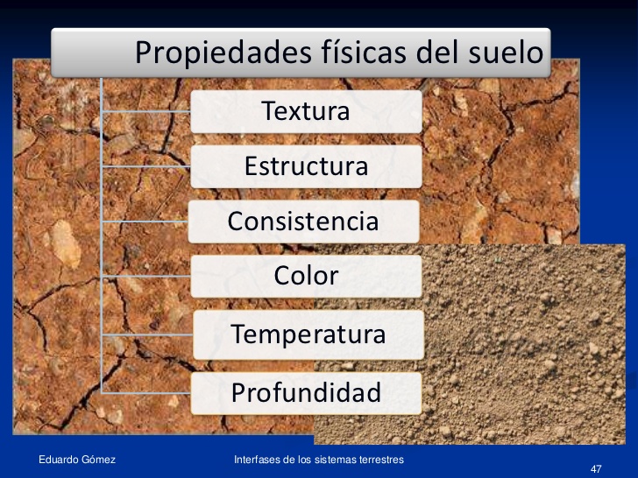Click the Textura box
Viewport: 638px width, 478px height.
click(x=306, y=112)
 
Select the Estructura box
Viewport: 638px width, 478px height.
click(x=306, y=166)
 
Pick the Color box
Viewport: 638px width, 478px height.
click(x=306, y=276)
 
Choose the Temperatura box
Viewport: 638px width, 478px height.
click(x=307, y=334)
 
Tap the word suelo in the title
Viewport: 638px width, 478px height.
click(x=501, y=53)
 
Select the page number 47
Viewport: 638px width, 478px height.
click(x=597, y=469)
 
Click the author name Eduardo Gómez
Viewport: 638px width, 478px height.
click(x=77, y=460)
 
